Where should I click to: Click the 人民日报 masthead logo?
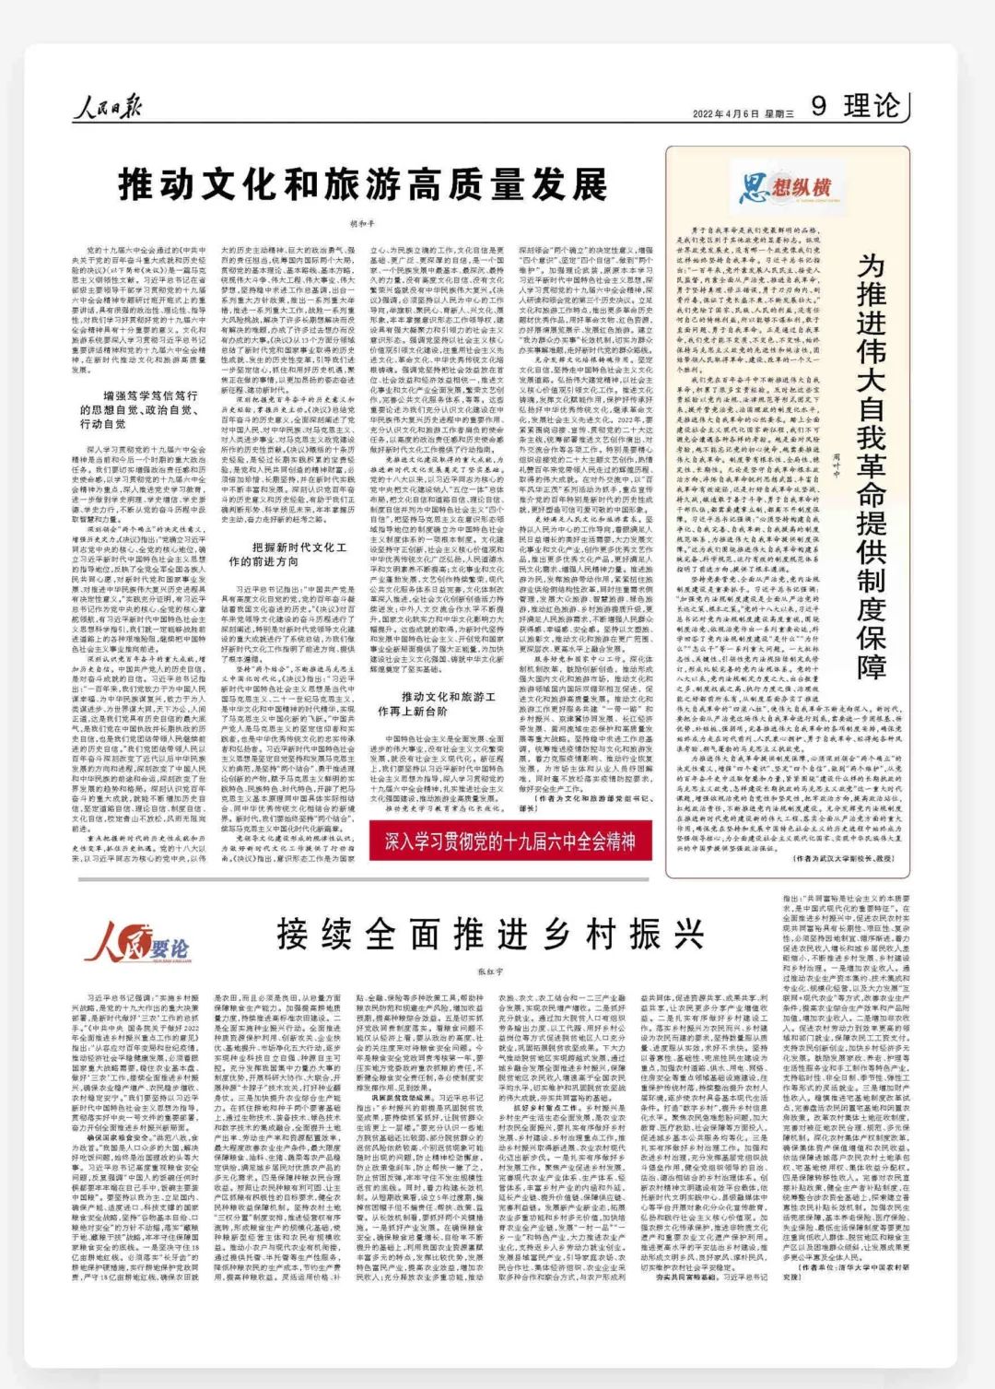pos(108,109)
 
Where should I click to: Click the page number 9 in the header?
pos(819,107)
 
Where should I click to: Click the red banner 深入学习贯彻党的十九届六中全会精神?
pos(510,841)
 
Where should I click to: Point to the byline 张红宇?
pos(491,971)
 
